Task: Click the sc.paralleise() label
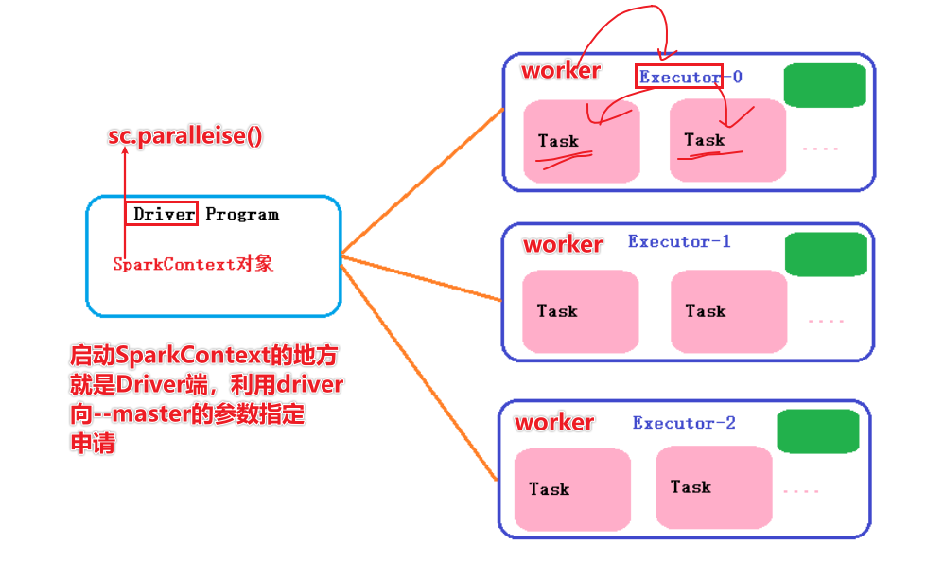184,135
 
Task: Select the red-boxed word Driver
164,214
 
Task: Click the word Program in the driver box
242,214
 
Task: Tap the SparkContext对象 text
193,264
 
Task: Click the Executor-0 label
691,77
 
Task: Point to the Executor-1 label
679,241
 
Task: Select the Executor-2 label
684,422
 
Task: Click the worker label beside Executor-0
561,70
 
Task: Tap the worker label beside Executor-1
563,244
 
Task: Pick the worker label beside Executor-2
554,422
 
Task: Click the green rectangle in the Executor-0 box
825,85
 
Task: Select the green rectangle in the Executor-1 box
826,255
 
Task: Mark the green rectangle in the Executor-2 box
817,431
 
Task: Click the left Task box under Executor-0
581,141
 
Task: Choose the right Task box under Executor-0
727,140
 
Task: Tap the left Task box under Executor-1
580,311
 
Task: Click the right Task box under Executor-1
728,311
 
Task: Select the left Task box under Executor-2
572,489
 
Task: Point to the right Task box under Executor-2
713,487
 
